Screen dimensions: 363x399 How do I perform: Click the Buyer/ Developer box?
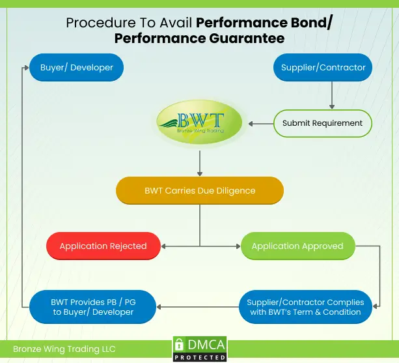pyautogui.click(x=76, y=67)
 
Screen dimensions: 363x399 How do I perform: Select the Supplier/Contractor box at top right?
pyautogui.click(x=323, y=67)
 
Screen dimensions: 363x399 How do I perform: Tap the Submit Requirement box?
pyautogui.click(x=323, y=123)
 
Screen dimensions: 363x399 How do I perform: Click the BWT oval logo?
pyautogui.click(x=200, y=123)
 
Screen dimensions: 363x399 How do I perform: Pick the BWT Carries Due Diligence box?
pyautogui.click(x=200, y=191)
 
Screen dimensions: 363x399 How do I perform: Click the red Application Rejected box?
pyautogui.click(x=103, y=246)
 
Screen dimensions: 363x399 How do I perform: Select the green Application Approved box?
pyautogui.click(x=297, y=246)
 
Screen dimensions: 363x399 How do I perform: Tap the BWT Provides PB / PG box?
pyautogui.click(x=93, y=307)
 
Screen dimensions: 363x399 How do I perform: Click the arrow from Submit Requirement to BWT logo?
pyautogui.click(x=260, y=123)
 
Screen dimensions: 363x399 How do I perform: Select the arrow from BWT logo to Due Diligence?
pyautogui.click(x=200, y=160)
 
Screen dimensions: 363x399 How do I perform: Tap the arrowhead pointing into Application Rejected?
pyautogui.click(x=165, y=246)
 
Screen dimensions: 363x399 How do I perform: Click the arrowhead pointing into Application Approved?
pyautogui.click(x=237, y=246)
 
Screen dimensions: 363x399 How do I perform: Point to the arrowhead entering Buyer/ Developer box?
pyautogui.click(x=27, y=67)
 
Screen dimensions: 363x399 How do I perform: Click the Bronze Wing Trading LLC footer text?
pyautogui.click(x=64, y=349)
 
